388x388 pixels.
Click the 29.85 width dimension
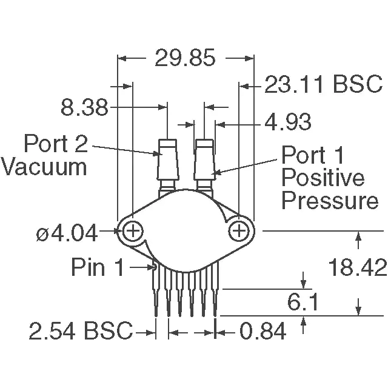point(185,58)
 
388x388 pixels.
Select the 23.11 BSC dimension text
point(324,84)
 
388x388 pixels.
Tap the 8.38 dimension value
point(84,107)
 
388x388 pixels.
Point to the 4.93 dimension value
point(288,122)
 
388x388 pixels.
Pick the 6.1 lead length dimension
point(303,302)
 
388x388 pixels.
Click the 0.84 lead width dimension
point(263,331)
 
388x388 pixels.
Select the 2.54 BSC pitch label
point(81,330)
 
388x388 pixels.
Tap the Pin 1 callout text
point(97,267)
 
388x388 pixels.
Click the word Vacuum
point(44,167)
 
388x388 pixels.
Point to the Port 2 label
point(56,143)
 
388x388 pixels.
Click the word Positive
point(323,179)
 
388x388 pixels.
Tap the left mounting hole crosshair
point(133,231)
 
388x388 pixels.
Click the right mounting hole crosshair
point(238,231)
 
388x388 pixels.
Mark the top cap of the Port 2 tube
point(167,143)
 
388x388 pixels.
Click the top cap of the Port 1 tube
point(204,143)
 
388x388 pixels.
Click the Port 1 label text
point(313,155)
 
